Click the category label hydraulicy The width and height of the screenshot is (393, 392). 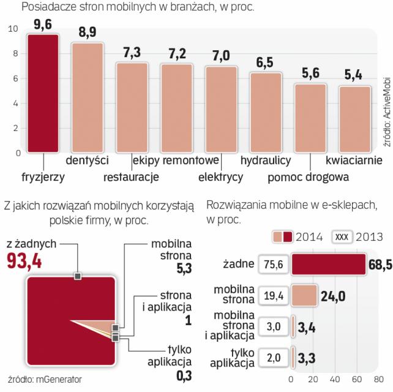266,162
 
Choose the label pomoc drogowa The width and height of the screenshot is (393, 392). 309,178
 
